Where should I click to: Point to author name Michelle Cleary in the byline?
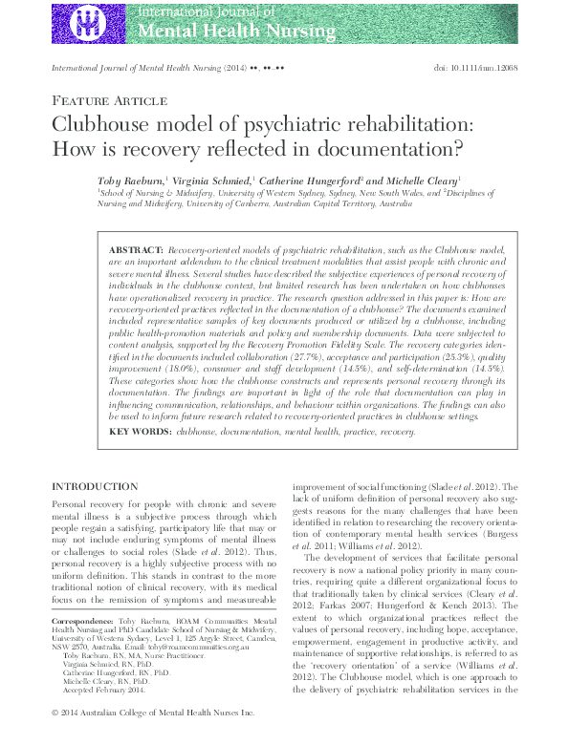(422, 180)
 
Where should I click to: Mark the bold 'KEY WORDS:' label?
(140, 432)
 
